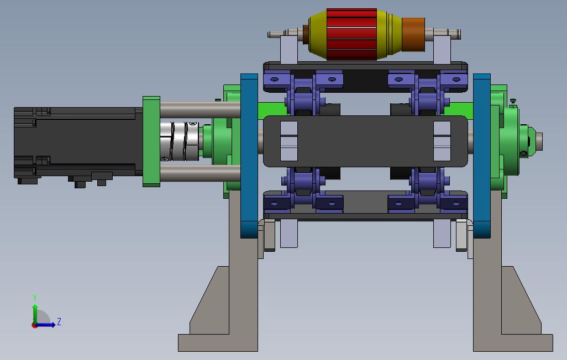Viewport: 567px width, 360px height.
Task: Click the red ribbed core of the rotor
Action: click(351, 34)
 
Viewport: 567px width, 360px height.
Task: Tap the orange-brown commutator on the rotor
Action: click(413, 34)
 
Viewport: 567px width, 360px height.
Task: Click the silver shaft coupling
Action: click(180, 141)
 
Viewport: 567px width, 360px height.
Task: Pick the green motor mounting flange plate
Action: click(151, 141)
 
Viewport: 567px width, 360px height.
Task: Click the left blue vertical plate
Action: click(249, 156)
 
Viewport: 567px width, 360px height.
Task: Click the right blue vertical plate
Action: click(482, 156)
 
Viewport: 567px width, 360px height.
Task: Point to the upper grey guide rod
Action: click(201, 109)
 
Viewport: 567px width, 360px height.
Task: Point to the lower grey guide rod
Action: click(201, 173)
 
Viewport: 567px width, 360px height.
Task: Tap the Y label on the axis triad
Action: click(35, 298)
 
